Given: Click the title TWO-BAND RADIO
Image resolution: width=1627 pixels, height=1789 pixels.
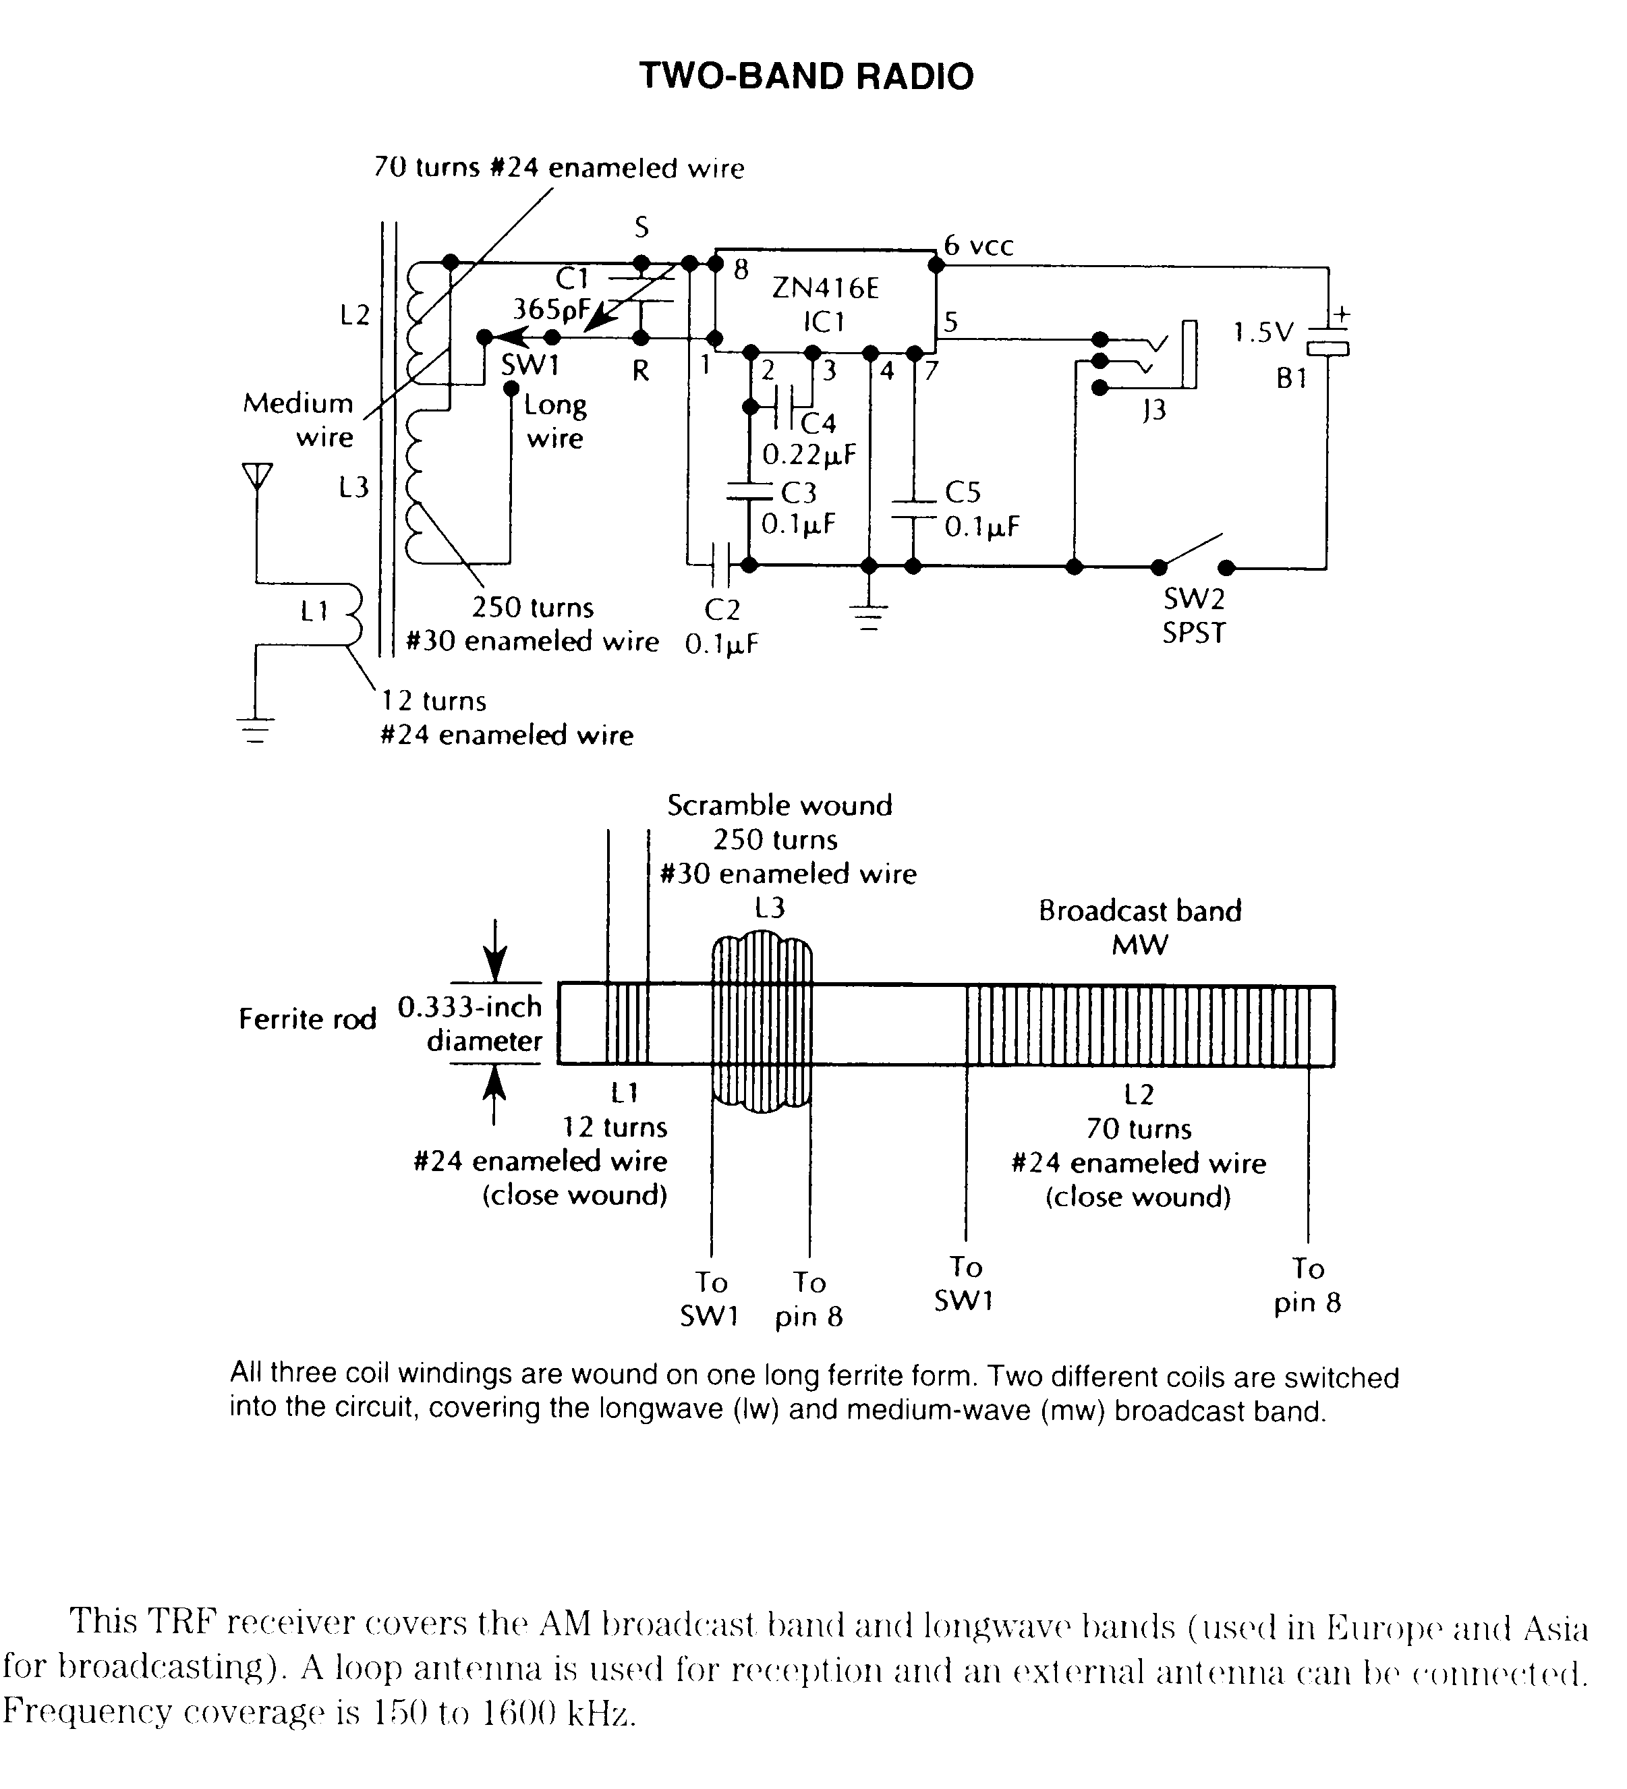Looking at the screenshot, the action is click(806, 76).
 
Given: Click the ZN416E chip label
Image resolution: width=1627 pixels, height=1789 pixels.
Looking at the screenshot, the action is click(825, 289).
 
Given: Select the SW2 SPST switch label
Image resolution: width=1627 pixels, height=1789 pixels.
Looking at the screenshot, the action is click(1194, 616).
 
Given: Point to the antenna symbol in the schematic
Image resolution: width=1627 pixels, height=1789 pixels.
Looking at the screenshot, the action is click(256, 476).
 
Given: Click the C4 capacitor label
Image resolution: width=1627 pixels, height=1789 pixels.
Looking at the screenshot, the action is click(818, 422).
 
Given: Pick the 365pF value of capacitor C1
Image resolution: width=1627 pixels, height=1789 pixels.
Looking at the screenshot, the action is click(551, 310).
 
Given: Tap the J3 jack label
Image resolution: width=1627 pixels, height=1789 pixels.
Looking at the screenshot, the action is click(1153, 410).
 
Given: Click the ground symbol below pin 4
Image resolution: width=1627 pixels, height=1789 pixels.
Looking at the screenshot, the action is click(869, 615).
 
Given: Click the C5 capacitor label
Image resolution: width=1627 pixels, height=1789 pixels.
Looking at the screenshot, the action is click(963, 492).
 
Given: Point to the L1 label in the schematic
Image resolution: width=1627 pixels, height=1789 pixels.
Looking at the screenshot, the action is click(314, 610).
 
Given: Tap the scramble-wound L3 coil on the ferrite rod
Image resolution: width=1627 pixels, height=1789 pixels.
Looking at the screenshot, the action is click(762, 1022).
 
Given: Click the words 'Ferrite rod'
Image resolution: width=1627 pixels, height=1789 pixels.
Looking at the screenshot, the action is click(307, 1019).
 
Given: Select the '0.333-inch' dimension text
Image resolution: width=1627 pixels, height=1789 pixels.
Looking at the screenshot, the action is click(469, 1006).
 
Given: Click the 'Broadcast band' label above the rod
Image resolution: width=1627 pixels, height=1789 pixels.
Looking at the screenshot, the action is click(1140, 911).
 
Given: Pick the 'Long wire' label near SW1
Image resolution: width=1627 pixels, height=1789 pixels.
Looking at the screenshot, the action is click(554, 422).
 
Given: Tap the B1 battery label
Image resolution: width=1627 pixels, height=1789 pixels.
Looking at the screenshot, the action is click(1292, 379).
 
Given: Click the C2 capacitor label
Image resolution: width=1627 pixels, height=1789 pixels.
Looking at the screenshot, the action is click(722, 610).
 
